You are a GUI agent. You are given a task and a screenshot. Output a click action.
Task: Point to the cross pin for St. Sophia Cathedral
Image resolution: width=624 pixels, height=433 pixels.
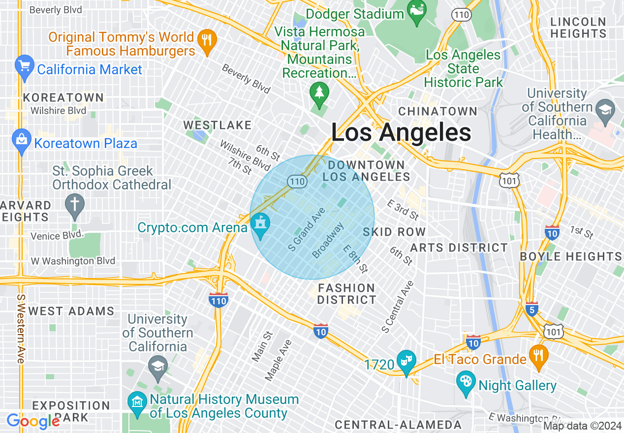75,206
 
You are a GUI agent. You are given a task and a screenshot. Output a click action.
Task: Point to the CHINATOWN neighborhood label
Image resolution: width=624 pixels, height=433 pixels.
437,111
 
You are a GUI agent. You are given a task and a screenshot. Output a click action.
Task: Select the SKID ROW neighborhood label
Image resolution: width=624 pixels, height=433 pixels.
394,232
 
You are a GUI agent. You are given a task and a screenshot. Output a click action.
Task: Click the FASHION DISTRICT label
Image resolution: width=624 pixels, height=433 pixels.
346,294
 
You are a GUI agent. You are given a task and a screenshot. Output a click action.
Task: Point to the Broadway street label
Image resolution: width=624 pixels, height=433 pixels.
328,240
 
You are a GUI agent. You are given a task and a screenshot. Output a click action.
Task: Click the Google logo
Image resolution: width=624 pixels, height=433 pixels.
33,421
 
